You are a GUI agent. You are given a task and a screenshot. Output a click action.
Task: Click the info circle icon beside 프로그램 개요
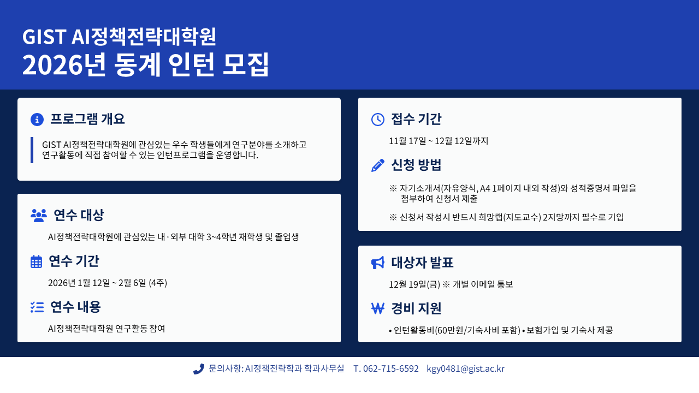pyautogui.click(x=37, y=120)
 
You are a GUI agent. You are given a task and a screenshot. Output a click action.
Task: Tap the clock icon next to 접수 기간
pyautogui.click(x=377, y=120)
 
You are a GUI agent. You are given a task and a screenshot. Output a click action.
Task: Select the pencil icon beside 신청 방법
pyautogui.click(x=377, y=165)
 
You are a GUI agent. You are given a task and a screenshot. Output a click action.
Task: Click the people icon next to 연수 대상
pyautogui.click(x=39, y=215)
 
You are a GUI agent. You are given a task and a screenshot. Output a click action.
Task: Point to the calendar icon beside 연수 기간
pyautogui.click(x=36, y=261)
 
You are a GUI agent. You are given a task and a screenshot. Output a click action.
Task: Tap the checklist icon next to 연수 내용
pyautogui.click(x=37, y=307)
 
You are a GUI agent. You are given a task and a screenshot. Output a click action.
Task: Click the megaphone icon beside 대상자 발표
pyautogui.click(x=377, y=263)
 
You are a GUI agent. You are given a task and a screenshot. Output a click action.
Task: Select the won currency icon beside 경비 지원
pyautogui.click(x=377, y=308)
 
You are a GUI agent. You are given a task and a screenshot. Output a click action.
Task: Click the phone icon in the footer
pyautogui.click(x=198, y=369)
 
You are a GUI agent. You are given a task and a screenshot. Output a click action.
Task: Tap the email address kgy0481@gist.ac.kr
pyautogui.click(x=466, y=368)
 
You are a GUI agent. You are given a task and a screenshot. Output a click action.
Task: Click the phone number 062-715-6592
pyautogui.click(x=390, y=368)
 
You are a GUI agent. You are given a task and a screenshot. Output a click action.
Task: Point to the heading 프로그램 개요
pyautogui.click(x=87, y=119)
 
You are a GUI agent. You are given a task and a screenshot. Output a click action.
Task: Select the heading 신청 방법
pyautogui.click(x=416, y=165)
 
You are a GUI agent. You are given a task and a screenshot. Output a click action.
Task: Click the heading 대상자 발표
pyautogui.click(x=422, y=263)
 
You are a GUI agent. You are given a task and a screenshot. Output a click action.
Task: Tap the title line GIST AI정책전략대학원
pyautogui.click(x=119, y=37)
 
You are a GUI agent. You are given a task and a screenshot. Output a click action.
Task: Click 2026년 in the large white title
pyautogui.click(x=64, y=64)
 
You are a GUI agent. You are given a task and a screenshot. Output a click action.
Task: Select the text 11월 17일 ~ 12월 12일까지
pyautogui.click(x=439, y=141)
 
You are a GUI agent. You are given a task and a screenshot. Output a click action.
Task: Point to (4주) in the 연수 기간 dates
pyautogui.click(x=158, y=283)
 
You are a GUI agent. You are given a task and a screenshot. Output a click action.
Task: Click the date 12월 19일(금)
pyautogui.click(x=414, y=284)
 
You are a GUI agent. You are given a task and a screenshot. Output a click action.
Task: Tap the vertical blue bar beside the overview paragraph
pyautogui.click(x=32, y=150)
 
